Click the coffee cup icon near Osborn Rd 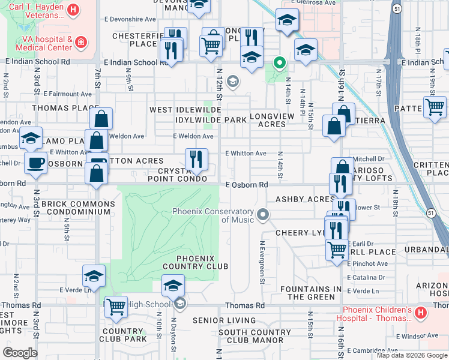pos(35,162)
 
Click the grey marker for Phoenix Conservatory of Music pos(262,214)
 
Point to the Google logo pos(20,353)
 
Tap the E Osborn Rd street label pos(247,185)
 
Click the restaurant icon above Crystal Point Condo pos(196,160)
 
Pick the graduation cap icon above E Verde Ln pos(94,275)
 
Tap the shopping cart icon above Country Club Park pos(116,307)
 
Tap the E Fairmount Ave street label pos(67,94)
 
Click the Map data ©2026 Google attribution pos(411,355)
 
